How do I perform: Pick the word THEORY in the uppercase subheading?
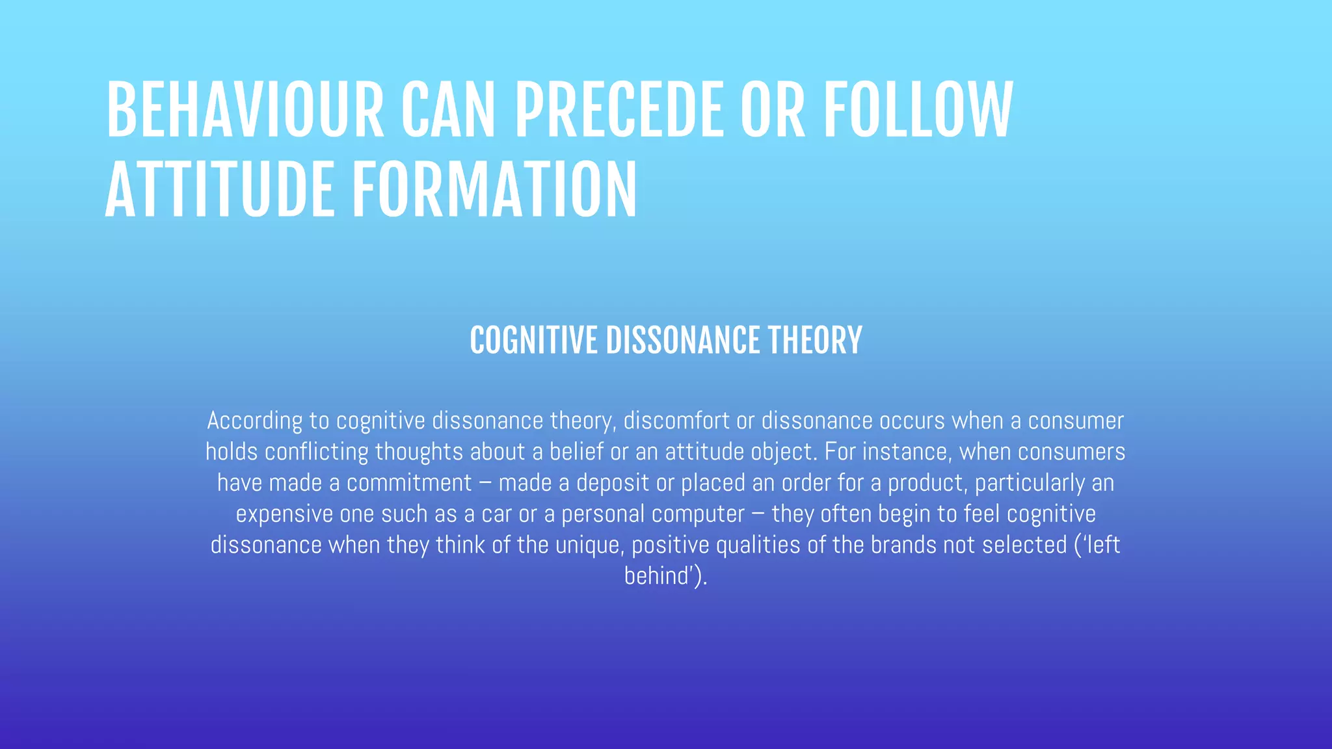(x=815, y=341)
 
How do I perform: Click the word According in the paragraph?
(x=254, y=421)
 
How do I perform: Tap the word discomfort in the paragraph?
(x=676, y=421)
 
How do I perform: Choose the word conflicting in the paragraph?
(x=317, y=452)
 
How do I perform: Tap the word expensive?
(x=284, y=514)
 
